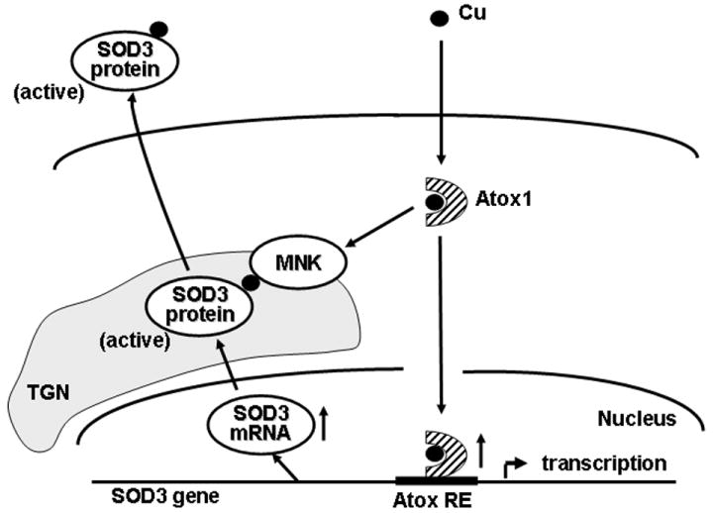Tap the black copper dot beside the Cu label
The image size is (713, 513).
click(439, 19)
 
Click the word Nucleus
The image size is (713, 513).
click(635, 419)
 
